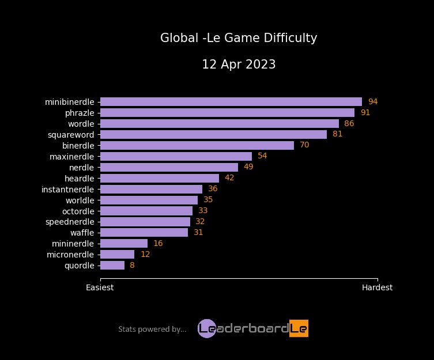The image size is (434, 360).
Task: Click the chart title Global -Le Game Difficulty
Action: pyautogui.click(x=239, y=38)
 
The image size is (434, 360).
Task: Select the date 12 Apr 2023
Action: pyautogui.click(x=239, y=65)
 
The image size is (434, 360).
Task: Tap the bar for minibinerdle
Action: pyautogui.click(x=231, y=102)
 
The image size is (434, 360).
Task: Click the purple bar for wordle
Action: pyautogui.click(x=219, y=124)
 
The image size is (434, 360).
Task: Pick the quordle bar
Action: pyautogui.click(x=112, y=266)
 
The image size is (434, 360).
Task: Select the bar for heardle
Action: pyautogui.click(x=160, y=178)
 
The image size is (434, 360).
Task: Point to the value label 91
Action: pyautogui.click(x=365, y=113)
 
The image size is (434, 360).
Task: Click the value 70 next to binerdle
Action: pyautogui.click(x=304, y=145)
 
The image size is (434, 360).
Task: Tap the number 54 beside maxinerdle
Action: pyautogui.click(x=262, y=156)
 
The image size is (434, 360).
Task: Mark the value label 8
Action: pyautogui.click(x=132, y=266)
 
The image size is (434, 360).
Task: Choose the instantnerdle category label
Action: pyautogui.click(x=67, y=190)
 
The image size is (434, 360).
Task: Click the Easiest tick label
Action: pyautogui.click(x=100, y=287)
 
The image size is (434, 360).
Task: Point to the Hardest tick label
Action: pyautogui.click(x=377, y=287)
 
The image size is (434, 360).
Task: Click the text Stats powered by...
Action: pyautogui.click(x=152, y=329)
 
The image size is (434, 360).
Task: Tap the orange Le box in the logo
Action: pyautogui.click(x=299, y=328)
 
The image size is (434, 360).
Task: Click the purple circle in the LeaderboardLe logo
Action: pyautogui.click(x=206, y=328)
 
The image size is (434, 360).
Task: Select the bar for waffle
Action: pyautogui.click(x=144, y=233)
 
